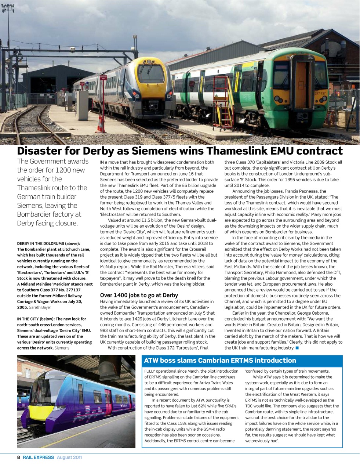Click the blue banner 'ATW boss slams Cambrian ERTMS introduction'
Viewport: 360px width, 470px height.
click(215, 361)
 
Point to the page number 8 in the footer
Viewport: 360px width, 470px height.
click(18, 458)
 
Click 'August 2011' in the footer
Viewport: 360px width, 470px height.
click(69, 458)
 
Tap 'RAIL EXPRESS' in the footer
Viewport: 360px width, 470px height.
click(38, 458)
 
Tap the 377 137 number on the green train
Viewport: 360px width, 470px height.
click(320, 94)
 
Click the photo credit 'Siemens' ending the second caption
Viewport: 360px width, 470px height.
click(62, 348)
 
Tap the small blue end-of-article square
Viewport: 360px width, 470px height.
click(297, 348)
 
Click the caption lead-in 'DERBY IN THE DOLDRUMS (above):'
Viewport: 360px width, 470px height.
click(48, 243)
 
